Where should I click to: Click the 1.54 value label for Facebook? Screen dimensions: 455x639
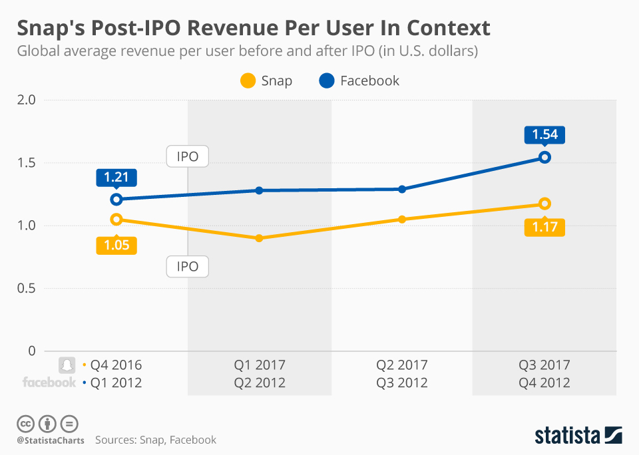pyautogui.click(x=544, y=135)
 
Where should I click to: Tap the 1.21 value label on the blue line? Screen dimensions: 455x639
pyautogui.click(x=116, y=178)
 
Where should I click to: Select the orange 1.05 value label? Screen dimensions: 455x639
pyautogui.click(x=116, y=245)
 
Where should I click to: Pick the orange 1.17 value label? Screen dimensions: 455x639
pyautogui.click(x=544, y=227)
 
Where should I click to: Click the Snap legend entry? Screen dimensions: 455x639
pyautogui.click(x=266, y=81)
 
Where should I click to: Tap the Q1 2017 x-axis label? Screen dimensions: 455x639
pyautogui.click(x=260, y=365)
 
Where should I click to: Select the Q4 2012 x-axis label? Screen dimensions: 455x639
pyautogui.click(x=544, y=382)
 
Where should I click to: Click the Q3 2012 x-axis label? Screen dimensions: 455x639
pyautogui.click(x=402, y=382)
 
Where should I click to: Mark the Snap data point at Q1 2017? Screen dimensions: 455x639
pyautogui.click(x=260, y=238)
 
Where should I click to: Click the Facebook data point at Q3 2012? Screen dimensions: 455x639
pyautogui.click(x=402, y=189)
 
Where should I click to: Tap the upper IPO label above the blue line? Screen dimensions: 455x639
pyautogui.click(x=188, y=157)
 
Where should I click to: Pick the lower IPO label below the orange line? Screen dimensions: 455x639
pyautogui.click(x=188, y=267)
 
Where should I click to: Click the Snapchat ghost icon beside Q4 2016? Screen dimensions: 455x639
pyautogui.click(x=67, y=365)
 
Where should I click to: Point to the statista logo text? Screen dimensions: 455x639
pyautogui.click(x=568, y=436)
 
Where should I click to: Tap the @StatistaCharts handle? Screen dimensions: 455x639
pyautogui.click(x=51, y=440)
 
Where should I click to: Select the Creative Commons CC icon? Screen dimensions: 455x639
pyautogui.click(x=25, y=423)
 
